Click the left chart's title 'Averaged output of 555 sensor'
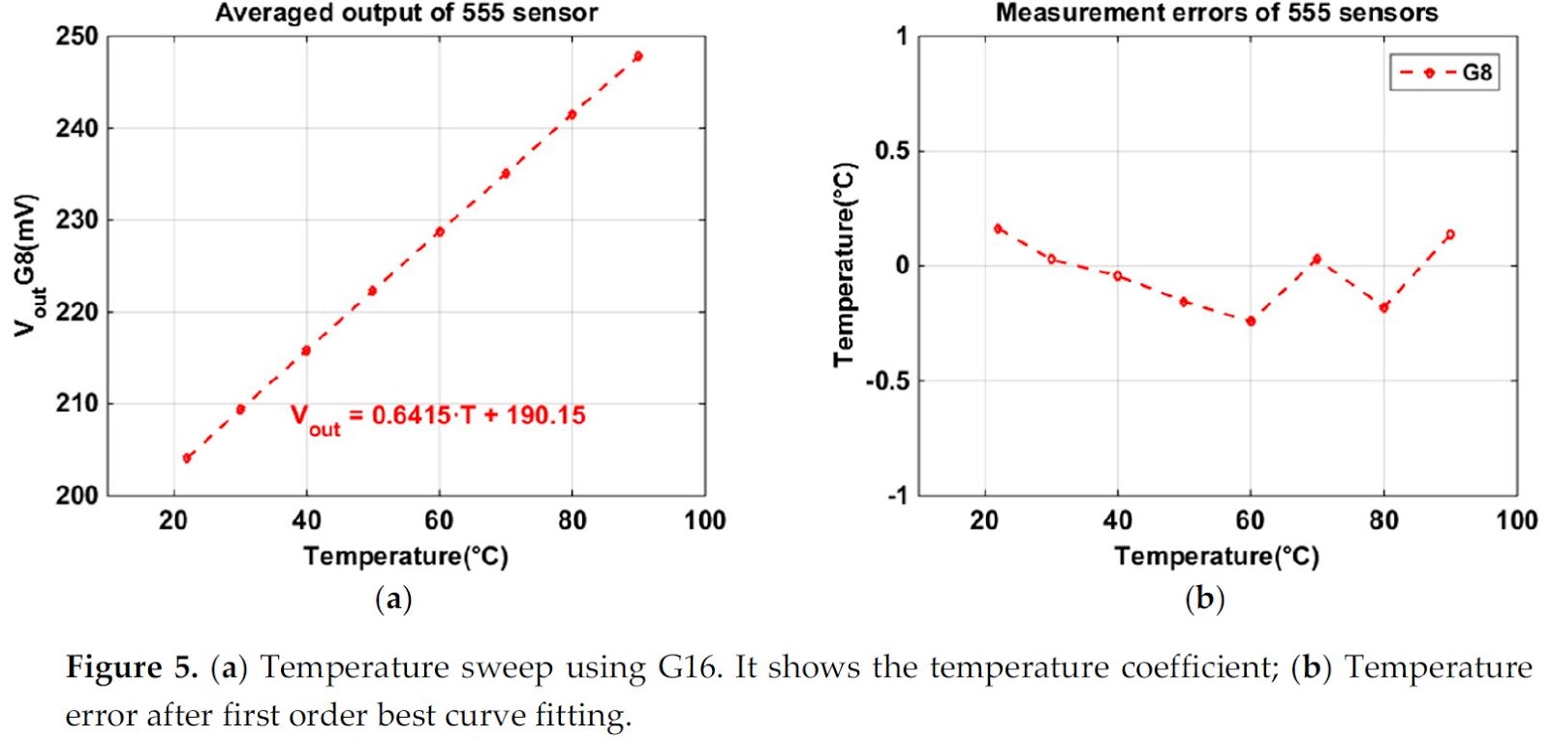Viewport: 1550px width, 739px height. [x=406, y=14]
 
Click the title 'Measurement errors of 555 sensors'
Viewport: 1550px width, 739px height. [x=1217, y=14]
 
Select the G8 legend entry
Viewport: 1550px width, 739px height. [x=1444, y=73]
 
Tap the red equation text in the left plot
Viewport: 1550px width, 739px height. [x=438, y=416]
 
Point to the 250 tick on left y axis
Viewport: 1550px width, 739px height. [x=77, y=37]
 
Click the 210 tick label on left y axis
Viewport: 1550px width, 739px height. [x=77, y=403]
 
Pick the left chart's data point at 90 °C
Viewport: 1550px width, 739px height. [x=637, y=56]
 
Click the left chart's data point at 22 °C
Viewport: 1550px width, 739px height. [x=187, y=458]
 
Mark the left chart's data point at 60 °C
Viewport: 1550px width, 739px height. [x=439, y=231]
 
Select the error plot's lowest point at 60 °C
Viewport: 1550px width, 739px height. [x=1251, y=321]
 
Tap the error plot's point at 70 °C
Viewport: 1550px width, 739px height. [x=1317, y=260]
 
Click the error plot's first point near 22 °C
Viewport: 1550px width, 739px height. [x=998, y=229]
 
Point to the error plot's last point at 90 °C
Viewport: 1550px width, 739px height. [x=1449, y=234]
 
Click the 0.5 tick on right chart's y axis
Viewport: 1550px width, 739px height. [x=891, y=151]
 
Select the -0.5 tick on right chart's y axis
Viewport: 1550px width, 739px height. [x=887, y=381]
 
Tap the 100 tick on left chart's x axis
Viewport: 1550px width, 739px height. [x=704, y=521]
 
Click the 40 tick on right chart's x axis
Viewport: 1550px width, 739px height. [x=1117, y=521]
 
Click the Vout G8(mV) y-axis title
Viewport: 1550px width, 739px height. [x=27, y=264]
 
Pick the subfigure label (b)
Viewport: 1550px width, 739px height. [x=1205, y=599]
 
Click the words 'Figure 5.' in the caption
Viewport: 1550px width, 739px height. [x=131, y=667]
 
